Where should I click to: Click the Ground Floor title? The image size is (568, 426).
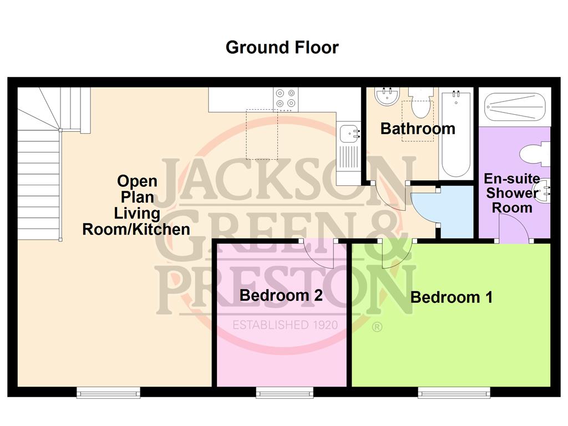(x=282, y=48)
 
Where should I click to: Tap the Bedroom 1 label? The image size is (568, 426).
(x=452, y=297)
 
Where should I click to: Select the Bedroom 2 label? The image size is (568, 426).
(x=281, y=295)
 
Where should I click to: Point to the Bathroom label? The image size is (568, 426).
(x=418, y=129)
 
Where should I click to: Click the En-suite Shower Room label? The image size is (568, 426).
(x=512, y=193)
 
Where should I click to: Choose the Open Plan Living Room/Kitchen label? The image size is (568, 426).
(x=136, y=205)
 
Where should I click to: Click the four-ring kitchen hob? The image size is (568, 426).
(x=286, y=98)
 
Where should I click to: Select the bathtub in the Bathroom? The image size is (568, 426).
(x=456, y=134)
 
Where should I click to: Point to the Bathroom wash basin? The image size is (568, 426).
(x=387, y=97)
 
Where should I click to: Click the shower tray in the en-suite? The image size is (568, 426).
(x=514, y=107)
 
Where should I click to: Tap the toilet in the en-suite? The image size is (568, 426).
(x=535, y=155)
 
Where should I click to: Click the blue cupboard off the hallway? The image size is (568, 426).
(x=456, y=212)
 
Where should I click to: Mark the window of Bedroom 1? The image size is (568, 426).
(x=454, y=392)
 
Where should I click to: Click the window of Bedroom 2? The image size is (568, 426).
(x=285, y=392)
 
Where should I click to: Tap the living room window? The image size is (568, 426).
(x=108, y=392)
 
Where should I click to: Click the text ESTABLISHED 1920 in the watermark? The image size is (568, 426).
(x=285, y=325)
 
